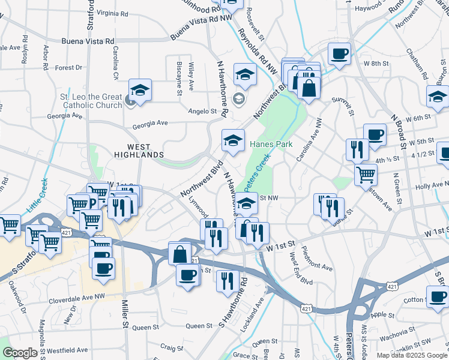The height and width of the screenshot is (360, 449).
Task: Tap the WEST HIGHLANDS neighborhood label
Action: point(138,151)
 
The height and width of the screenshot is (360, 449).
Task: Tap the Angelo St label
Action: point(202,111)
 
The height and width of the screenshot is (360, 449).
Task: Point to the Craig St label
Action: point(171,347)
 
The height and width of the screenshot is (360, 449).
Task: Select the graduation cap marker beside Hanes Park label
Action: point(233,140)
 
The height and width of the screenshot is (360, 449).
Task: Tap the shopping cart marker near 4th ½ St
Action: point(366,175)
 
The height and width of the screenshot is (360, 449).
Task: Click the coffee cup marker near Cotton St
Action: point(437,296)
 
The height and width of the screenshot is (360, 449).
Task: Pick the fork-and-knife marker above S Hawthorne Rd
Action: point(227,280)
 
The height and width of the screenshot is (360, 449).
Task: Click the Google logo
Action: point(20,353)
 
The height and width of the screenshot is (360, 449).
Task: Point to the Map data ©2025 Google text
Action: point(411,355)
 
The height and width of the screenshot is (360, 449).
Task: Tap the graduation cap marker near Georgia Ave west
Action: point(140,91)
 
